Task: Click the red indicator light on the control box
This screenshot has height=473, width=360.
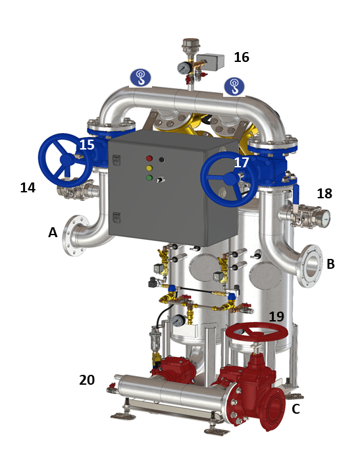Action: click(149, 158)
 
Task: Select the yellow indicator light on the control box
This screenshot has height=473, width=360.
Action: click(149, 168)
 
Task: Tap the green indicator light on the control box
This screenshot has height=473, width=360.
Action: click(149, 177)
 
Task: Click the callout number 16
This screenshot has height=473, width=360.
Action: click(242, 57)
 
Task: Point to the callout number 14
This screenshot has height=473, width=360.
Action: click(28, 188)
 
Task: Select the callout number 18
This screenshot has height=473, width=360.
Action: click(324, 194)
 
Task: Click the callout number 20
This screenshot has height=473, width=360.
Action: click(87, 380)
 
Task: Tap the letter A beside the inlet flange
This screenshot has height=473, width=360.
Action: click(53, 233)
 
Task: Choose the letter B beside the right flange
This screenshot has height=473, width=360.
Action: click(331, 264)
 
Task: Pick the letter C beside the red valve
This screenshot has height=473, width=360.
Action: click(296, 409)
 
